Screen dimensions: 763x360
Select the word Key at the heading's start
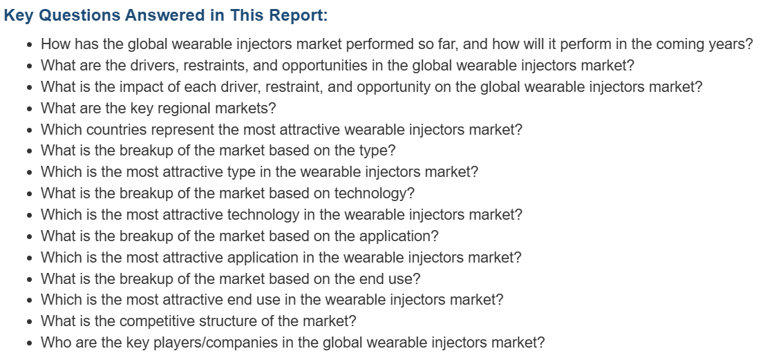point(19,16)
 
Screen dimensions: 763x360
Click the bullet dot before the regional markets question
point(30,109)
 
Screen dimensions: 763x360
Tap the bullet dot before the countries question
point(30,131)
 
